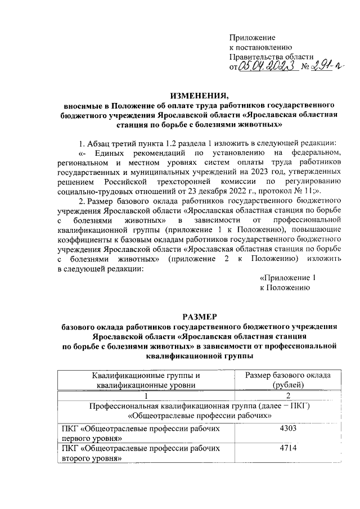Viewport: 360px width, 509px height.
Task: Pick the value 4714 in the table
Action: pyautogui.click(x=287, y=449)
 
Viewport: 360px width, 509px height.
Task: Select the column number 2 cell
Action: pyautogui.click(x=287, y=395)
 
